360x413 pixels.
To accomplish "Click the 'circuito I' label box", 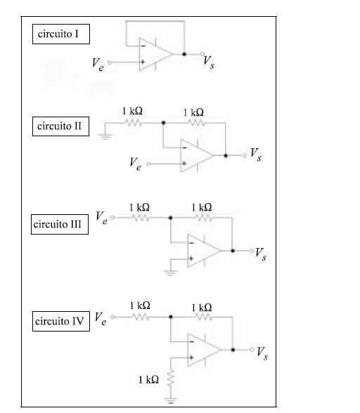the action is pyautogui.click(x=61, y=34).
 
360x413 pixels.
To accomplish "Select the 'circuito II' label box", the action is pyautogui.click(x=60, y=126).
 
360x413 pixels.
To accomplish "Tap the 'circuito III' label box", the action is pyautogui.click(x=60, y=225).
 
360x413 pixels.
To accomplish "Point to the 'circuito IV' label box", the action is pyautogui.click(x=61, y=322).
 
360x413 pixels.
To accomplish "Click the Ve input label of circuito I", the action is pyautogui.click(x=98, y=65).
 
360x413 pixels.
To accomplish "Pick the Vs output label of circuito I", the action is pyautogui.click(x=209, y=63).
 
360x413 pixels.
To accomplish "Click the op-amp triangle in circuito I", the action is pyautogui.click(x=155, y=54).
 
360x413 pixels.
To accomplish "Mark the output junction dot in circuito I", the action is pyautogui.click(x=184, y=54).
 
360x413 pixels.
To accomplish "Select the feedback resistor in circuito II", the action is pyautogui.click(x=196, y=123).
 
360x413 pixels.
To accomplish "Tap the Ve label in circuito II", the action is pyautogui.click(x=135, y=164).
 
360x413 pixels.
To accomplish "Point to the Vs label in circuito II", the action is pyautogui.click(x=255, y=155).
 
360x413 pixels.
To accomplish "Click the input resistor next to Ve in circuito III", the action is pyautogui.click(x=141, y=218).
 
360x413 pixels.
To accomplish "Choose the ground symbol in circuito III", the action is pyautogui.click(x=170, y=273).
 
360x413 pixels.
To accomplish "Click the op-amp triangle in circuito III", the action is pyautogui.click(x=205, y=251).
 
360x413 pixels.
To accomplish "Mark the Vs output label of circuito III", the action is pyautogui.click(x=261, y=254).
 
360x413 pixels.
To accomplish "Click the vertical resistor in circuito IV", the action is pyautogui.click(x=171, y=378).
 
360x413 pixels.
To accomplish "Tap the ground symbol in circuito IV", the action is pyautogui.click(x=171, y=400).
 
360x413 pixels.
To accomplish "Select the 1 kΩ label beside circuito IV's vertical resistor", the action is pyautogui.click(x=149, y=380).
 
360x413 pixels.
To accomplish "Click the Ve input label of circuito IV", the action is pyautogui.click(x=101, y=319).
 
